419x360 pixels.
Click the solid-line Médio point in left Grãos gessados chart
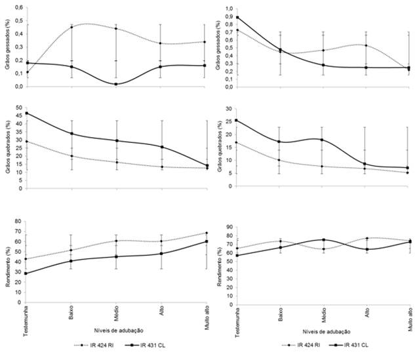click(x=116, y=84)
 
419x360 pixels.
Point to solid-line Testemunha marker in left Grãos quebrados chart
click(x=27, y=113)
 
